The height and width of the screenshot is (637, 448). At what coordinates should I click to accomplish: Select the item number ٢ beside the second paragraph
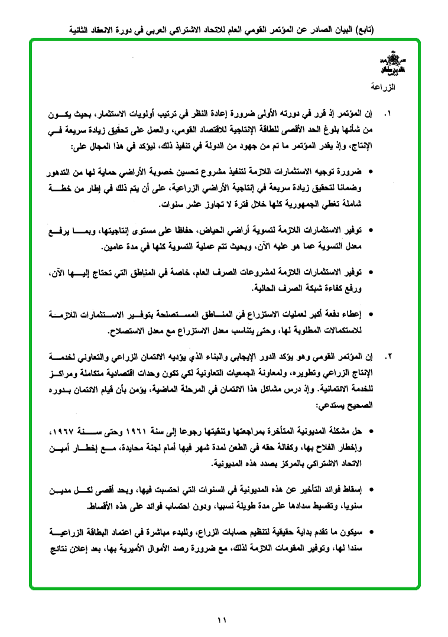388,357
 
